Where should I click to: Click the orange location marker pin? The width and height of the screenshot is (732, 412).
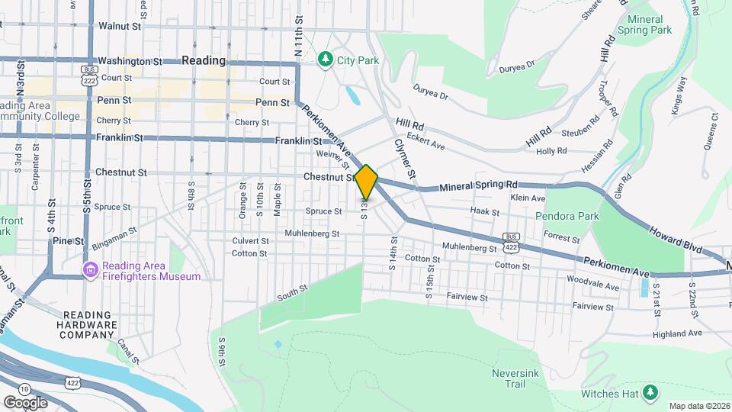click(x=366, y=182)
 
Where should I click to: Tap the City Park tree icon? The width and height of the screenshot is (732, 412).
click(x=326, y=59)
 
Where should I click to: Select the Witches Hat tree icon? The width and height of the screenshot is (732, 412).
click(x=650, y=392)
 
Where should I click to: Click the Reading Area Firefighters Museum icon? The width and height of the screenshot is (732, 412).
click(x=91, y=269)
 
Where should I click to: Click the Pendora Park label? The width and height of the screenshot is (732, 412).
click(x=567, y=216)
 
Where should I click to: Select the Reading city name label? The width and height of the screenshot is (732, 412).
click(x=204, y=60)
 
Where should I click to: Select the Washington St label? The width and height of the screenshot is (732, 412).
click(x=130, y=60)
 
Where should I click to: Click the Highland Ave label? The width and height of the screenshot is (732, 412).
click(x=678, y=333)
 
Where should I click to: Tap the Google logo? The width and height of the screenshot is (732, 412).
click(x=25, y=402)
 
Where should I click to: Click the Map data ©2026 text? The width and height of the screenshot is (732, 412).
click(x=698, y=406)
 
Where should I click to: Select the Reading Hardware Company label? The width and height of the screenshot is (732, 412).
click(x=90, y=324)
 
